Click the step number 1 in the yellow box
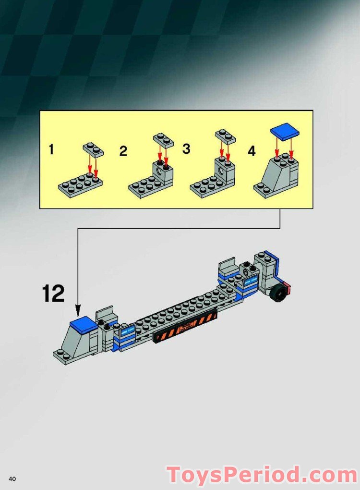click(x=51, y=150)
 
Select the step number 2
click(x=123, y=152)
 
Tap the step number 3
click(x=186, y=149)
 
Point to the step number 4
click(x=252, y=151)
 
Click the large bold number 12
click(x=53, y=294)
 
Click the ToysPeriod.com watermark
click(x=262, y=475)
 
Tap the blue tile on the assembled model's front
click(x=84, y=327)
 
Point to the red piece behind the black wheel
click(x=288, y=289)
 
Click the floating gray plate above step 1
click(x=93, y=149)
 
